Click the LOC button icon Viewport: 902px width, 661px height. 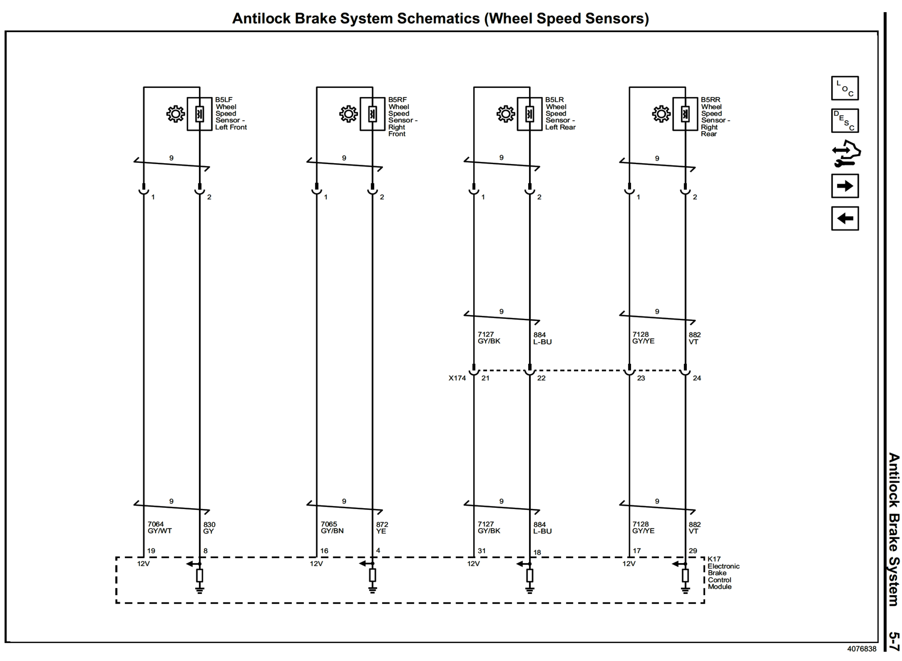(844, 88)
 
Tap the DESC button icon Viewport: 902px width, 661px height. (844, 120)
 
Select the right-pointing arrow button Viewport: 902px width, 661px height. (844, 186)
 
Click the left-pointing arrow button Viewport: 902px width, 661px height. (844, 218)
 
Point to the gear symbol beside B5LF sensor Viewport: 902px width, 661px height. (175, 114)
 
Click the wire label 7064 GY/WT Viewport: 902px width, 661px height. (159, 527)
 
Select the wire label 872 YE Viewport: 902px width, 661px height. (382, 528)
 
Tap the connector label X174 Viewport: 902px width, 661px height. (457, 378)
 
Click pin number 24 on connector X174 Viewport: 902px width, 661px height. (696, 378)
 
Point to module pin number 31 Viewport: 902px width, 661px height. (482, 551)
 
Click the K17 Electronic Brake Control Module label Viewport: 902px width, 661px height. (723, 573)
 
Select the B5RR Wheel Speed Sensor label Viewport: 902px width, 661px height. (714, 116)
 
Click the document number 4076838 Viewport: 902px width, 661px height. (861, 649)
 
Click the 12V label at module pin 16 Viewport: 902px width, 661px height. (316, 564)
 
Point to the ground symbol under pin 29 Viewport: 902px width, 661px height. (685, 589)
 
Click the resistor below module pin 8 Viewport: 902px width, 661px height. (199, 575)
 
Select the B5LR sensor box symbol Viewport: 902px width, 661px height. (529, 114)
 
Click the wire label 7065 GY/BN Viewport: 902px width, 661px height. (332, 527)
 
